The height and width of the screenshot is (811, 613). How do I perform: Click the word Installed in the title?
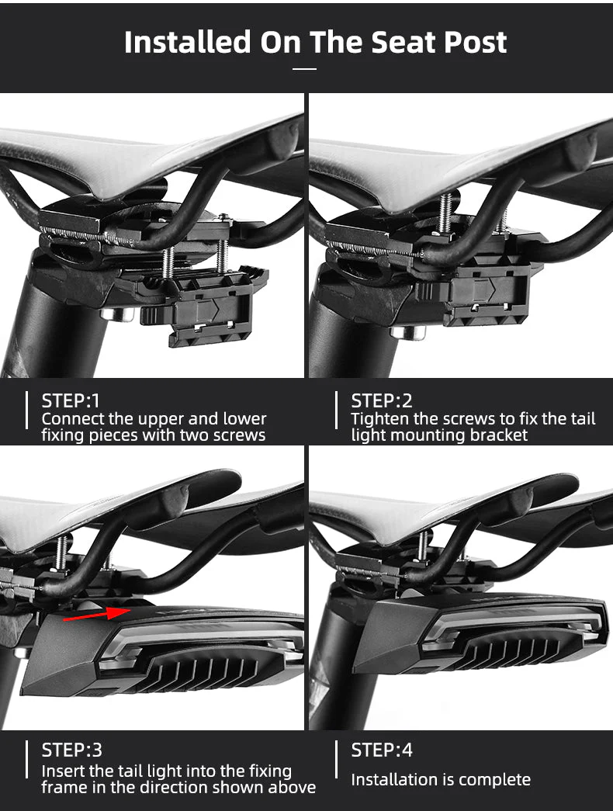tap(187, 42)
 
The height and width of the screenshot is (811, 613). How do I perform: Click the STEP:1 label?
tap(71, 401)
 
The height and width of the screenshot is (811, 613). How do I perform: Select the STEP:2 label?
tap(382, 401)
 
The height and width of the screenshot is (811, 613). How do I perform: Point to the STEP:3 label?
tap(71, 750)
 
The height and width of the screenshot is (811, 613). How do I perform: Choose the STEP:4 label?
tap(382, 750)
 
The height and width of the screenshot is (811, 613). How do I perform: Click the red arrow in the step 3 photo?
tap(96, 614)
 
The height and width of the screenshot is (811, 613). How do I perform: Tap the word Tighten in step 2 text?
tap(379, 419)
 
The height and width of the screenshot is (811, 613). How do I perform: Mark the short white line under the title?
tap(306, 68)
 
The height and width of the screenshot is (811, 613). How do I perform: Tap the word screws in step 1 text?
tap(240, 435)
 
